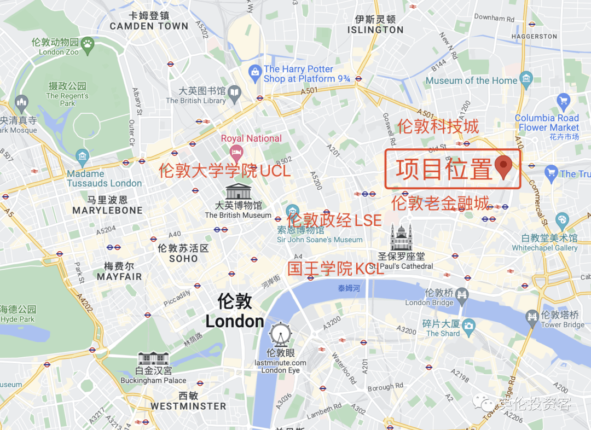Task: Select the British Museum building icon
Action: click(x=238, y=192)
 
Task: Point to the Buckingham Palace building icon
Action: click(x=153, y=359)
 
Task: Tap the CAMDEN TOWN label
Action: click(x=149, y=26)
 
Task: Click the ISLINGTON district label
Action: click(x=375, y=30)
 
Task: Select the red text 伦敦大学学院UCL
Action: click(x=224, y=171)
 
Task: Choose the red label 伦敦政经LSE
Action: click(x=334, y=220)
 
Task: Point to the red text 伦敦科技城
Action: click(x=438, y=126)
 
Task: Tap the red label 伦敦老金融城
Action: click(x=440, y=204)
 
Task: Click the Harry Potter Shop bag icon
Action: click(x=254, y=72)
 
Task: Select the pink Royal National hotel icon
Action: click(x=236, y=151)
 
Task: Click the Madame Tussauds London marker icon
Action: click(x=83, y=155)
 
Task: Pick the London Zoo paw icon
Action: click(x=88, y=43)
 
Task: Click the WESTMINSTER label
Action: click(x=188, y=406)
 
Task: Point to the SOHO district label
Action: click(x=183, y=258)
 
